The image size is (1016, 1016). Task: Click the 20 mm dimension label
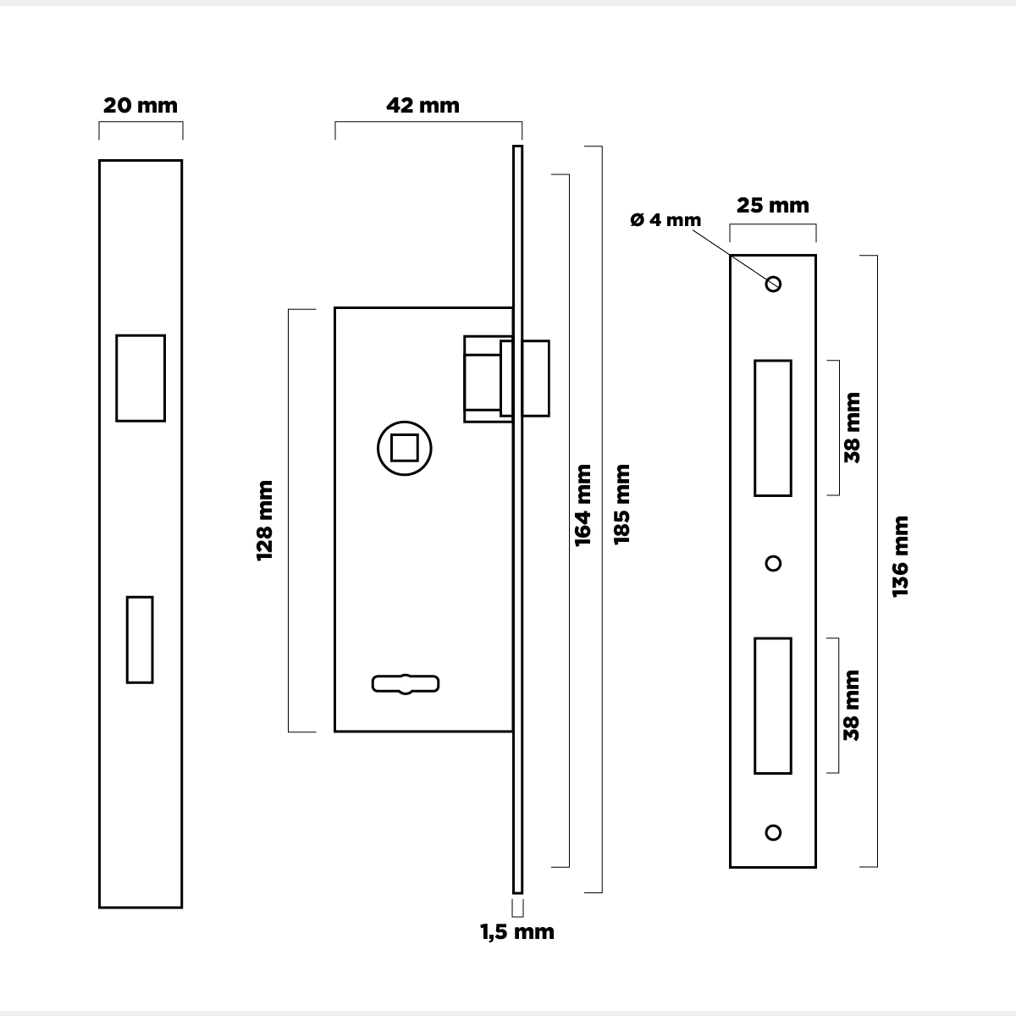click(x=141, y=106)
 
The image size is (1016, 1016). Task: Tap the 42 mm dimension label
click(x=422, y=105)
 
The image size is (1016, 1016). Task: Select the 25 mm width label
click(x=772, y=205)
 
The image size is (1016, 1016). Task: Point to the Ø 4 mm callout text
click(x=665, y=220)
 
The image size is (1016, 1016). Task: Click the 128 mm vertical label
click(x=265, y=520)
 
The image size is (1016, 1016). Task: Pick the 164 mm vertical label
click(x=583, y=505)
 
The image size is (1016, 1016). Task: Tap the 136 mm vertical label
click(x=900, y=555)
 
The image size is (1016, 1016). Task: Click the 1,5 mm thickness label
click(x=517, y=932)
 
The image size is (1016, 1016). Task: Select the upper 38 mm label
click(x=852, y=428)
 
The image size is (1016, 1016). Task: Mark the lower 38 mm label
click(x=852, y=705)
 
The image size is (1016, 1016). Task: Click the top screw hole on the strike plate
click(x=773, y=284)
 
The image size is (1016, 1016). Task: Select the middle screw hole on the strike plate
click(x=773, y=563)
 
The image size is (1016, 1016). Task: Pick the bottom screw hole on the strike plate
click(x=773, y=832)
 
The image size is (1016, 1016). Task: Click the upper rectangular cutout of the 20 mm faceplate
click(x=141, y=378)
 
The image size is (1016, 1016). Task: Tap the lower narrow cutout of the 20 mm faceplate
click(x=140, y=639)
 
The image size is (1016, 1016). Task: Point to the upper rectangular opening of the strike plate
click(x=773, y=428)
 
